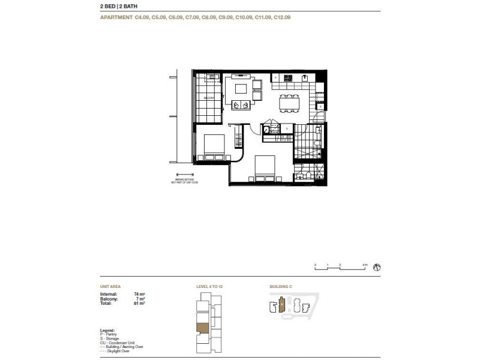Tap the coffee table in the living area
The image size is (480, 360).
click(x=241, y=89)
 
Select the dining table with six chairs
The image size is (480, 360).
click(x=289, y=103)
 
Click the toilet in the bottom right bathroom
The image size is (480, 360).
click(x=307, y=175)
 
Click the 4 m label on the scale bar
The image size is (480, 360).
click(x=365, y=265)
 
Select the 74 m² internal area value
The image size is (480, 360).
click(x=133, y=294)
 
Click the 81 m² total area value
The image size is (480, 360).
click(x=133, y=302)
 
